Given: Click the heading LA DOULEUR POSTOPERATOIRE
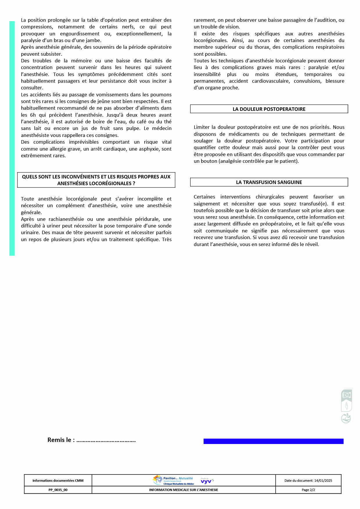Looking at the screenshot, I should point(269,109).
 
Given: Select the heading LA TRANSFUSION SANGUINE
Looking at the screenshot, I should point(269,182).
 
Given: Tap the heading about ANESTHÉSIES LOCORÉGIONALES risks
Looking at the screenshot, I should point(96,180).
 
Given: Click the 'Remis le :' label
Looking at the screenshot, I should point(61,440).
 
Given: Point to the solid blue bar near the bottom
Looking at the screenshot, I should point(273,441).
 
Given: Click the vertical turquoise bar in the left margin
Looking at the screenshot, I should point(12,138).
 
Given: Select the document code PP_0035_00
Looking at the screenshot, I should point(58,490).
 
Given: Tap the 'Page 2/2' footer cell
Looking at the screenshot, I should point(308,490).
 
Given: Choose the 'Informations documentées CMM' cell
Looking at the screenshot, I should point(58,481).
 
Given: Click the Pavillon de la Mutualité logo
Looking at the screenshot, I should point(173,480).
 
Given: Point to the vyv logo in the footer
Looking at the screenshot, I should point(206,481).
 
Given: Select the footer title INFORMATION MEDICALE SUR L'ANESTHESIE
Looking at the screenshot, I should point(183,490).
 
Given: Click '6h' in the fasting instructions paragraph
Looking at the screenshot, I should point(33,115).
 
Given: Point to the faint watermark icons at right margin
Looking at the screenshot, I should point(346,406).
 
